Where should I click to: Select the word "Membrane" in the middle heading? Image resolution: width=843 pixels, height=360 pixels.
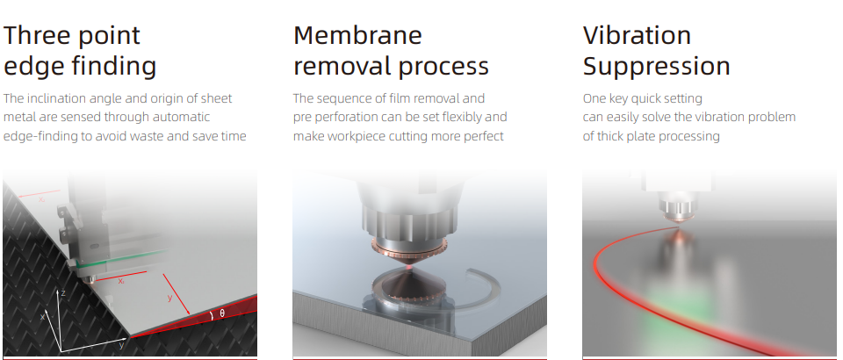point(357,35)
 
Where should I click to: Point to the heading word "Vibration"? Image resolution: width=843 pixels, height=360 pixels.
point(638,35)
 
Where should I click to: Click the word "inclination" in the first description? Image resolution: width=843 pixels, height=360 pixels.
point(54,99)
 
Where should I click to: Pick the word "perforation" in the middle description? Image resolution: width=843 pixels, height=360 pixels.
point(338,118)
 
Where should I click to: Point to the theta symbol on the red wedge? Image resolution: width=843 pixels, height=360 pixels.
point(222,313)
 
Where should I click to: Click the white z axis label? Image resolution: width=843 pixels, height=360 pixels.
point(63,293)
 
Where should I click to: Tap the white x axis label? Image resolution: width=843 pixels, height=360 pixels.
point(42,316)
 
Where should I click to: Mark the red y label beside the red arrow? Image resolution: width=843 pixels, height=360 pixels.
point(169,297)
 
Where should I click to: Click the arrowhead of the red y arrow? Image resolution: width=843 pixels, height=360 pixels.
point(188,313)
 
